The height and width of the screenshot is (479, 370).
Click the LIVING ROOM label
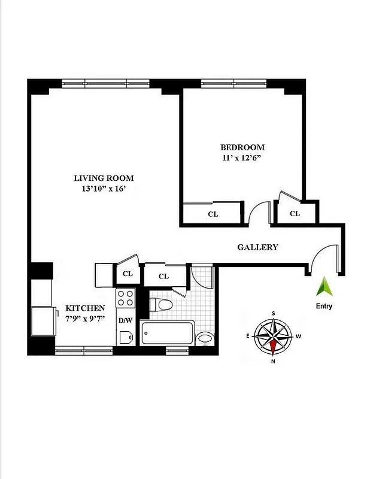(x=104, y=178)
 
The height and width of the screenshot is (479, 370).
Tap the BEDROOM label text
(x=242, y=147)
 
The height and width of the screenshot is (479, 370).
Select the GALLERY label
(x=257, y=247)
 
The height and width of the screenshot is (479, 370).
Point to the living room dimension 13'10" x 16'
(x=104, y=189)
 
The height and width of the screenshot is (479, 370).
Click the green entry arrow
(x=324, y=286)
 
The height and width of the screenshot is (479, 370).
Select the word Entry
(x=324, y=306)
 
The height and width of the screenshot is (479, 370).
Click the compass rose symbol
(x=273, y=336)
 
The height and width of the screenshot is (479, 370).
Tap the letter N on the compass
(x=273, y=360)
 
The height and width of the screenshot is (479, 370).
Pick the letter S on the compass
(x=274, y=313)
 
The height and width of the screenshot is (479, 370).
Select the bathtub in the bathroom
(x=168, y=333)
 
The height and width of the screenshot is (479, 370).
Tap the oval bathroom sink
(x=205, y=338)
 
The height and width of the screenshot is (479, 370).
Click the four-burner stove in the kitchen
(x=125, y=298)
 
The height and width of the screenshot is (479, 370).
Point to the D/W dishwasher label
(x=125, y=320)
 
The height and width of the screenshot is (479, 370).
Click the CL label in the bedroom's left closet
(x=213, y=214)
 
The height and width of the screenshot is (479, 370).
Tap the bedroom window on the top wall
(x=234, y=83)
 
